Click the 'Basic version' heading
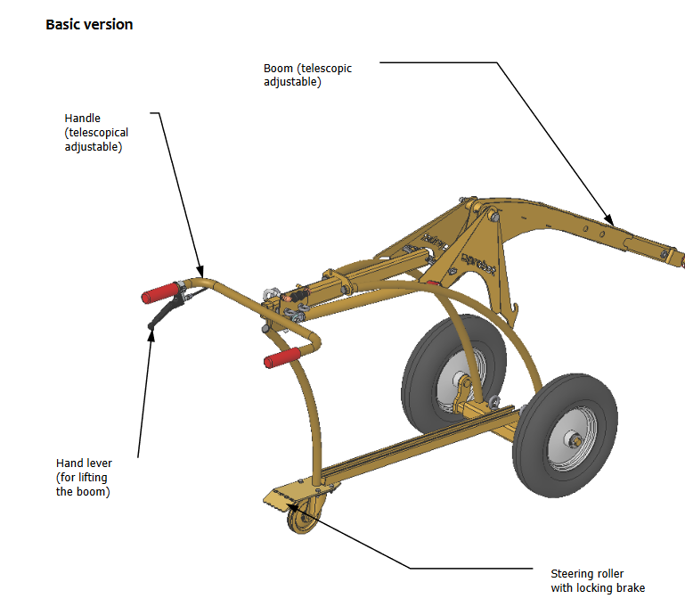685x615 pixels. (89, 24)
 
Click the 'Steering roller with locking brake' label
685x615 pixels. (597, 580)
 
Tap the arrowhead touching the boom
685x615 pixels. (609, 220)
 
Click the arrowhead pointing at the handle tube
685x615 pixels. (201, 271)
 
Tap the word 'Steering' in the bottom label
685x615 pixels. (575, 574)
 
